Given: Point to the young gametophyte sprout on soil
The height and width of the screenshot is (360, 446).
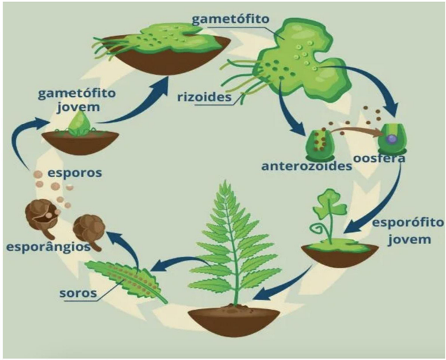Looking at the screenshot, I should point(80,124).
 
